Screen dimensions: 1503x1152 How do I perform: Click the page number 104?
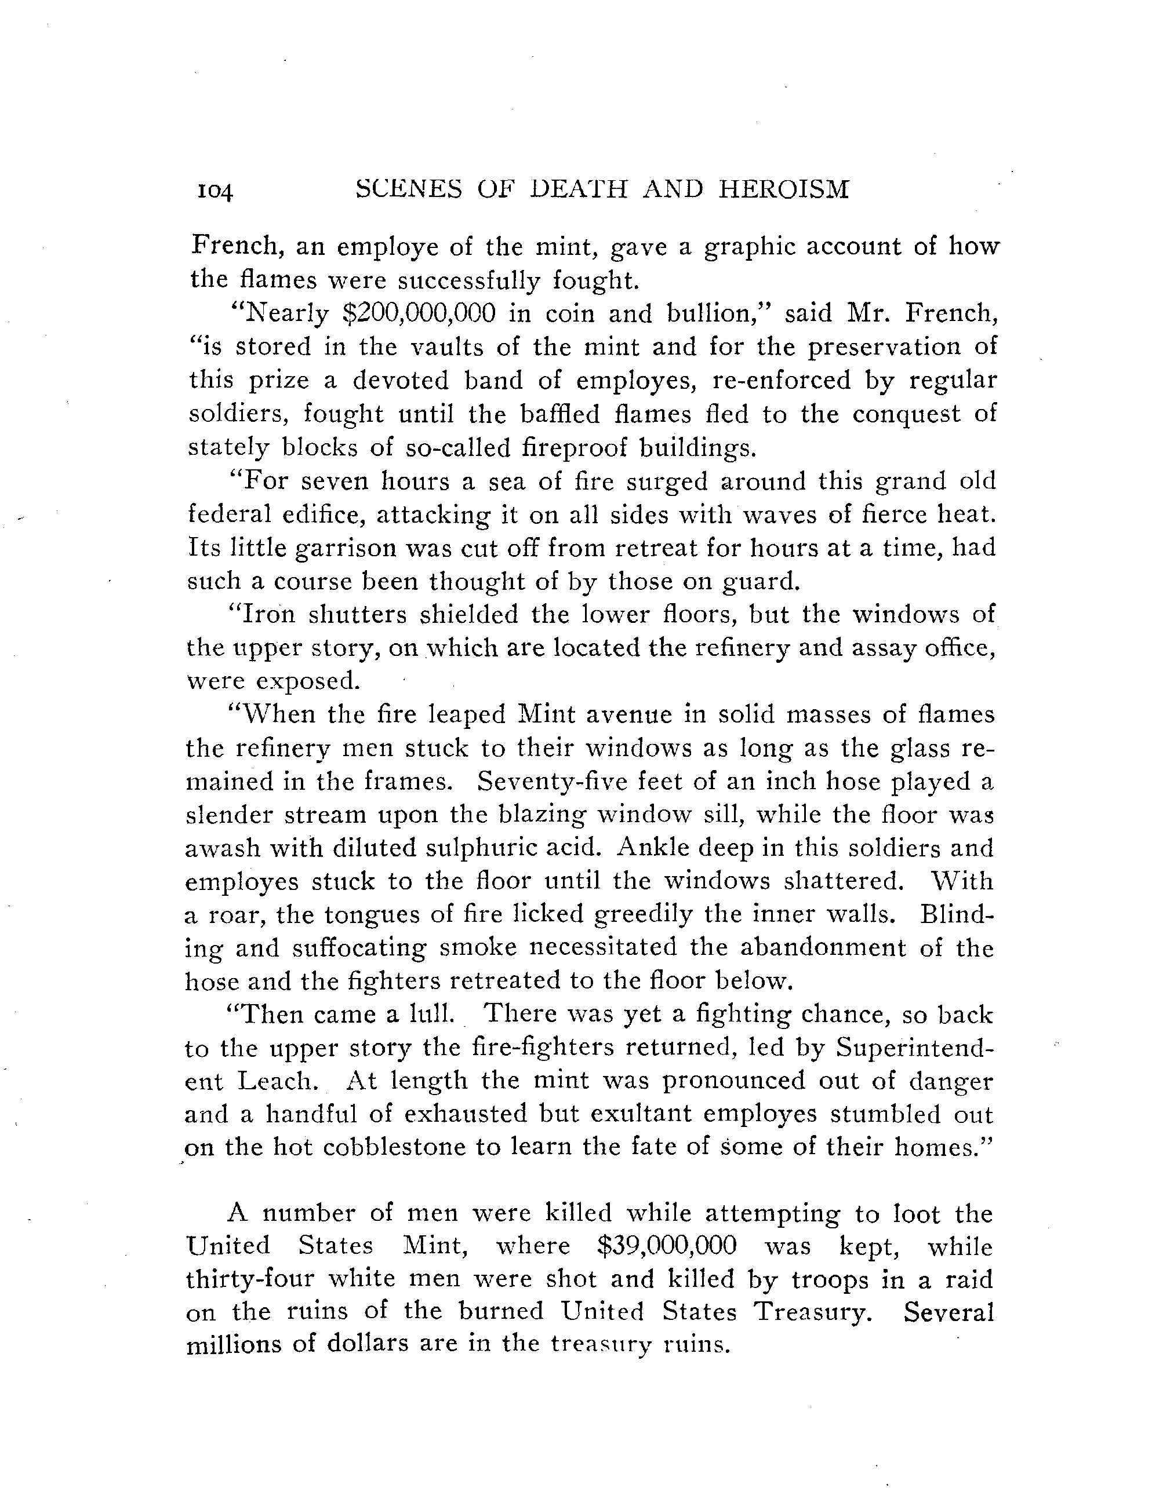point(213,192)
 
